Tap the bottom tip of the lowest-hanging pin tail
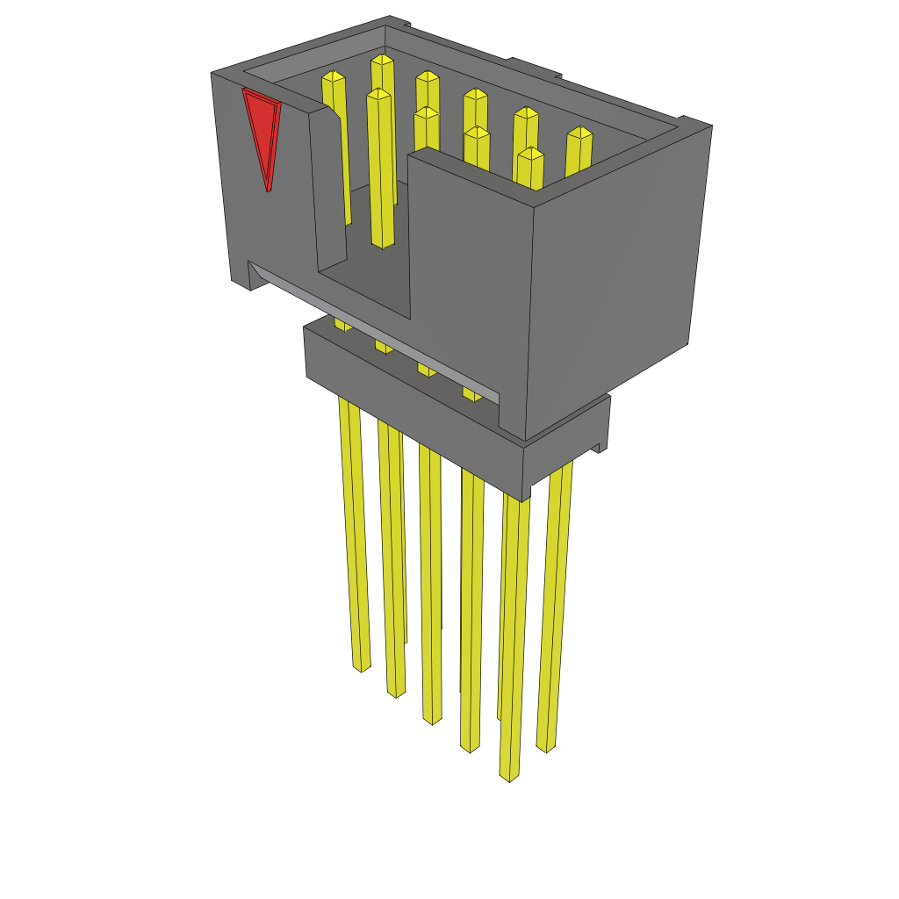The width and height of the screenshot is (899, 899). [x=509, y=776]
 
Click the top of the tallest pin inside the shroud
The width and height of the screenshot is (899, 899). [x=382, y=60]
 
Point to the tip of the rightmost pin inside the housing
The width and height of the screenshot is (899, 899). [x=579, y=133]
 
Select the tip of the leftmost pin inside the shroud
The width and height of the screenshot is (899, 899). [x=333, y=76]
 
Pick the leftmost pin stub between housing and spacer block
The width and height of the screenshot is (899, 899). [x=342, y=324]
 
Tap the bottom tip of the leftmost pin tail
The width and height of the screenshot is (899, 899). [x=362, y=668]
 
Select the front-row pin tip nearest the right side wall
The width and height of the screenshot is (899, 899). [x=530, y=154]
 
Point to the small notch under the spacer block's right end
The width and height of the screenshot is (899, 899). [x=601, y=447]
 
